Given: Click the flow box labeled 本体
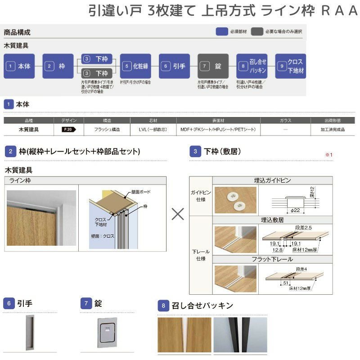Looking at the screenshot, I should tap(19, 66).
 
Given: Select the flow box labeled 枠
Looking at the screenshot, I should tap(58, 66).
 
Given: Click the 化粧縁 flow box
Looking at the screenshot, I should tap(135, 66).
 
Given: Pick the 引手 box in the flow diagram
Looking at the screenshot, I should tap(174, 66).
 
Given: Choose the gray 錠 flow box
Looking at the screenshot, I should tap(213, 66).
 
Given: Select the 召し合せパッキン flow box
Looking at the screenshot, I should tap(252, 66).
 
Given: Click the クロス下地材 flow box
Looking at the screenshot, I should tap(290, 66).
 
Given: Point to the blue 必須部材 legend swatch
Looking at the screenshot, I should tap(221, 31).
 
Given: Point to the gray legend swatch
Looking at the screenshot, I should tap(257, 31).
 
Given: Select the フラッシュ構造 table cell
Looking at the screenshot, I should tap(107, 130).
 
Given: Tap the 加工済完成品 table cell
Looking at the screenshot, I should tap(333, 130).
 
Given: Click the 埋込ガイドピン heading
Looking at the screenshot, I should tap(272, 180).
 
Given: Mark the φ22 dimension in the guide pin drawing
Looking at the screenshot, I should tap(295, 210).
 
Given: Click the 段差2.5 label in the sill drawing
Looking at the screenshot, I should tap(306, 229).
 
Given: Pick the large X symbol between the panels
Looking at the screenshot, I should tap(178, 214).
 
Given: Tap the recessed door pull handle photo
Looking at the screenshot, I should tap(30, 333).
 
